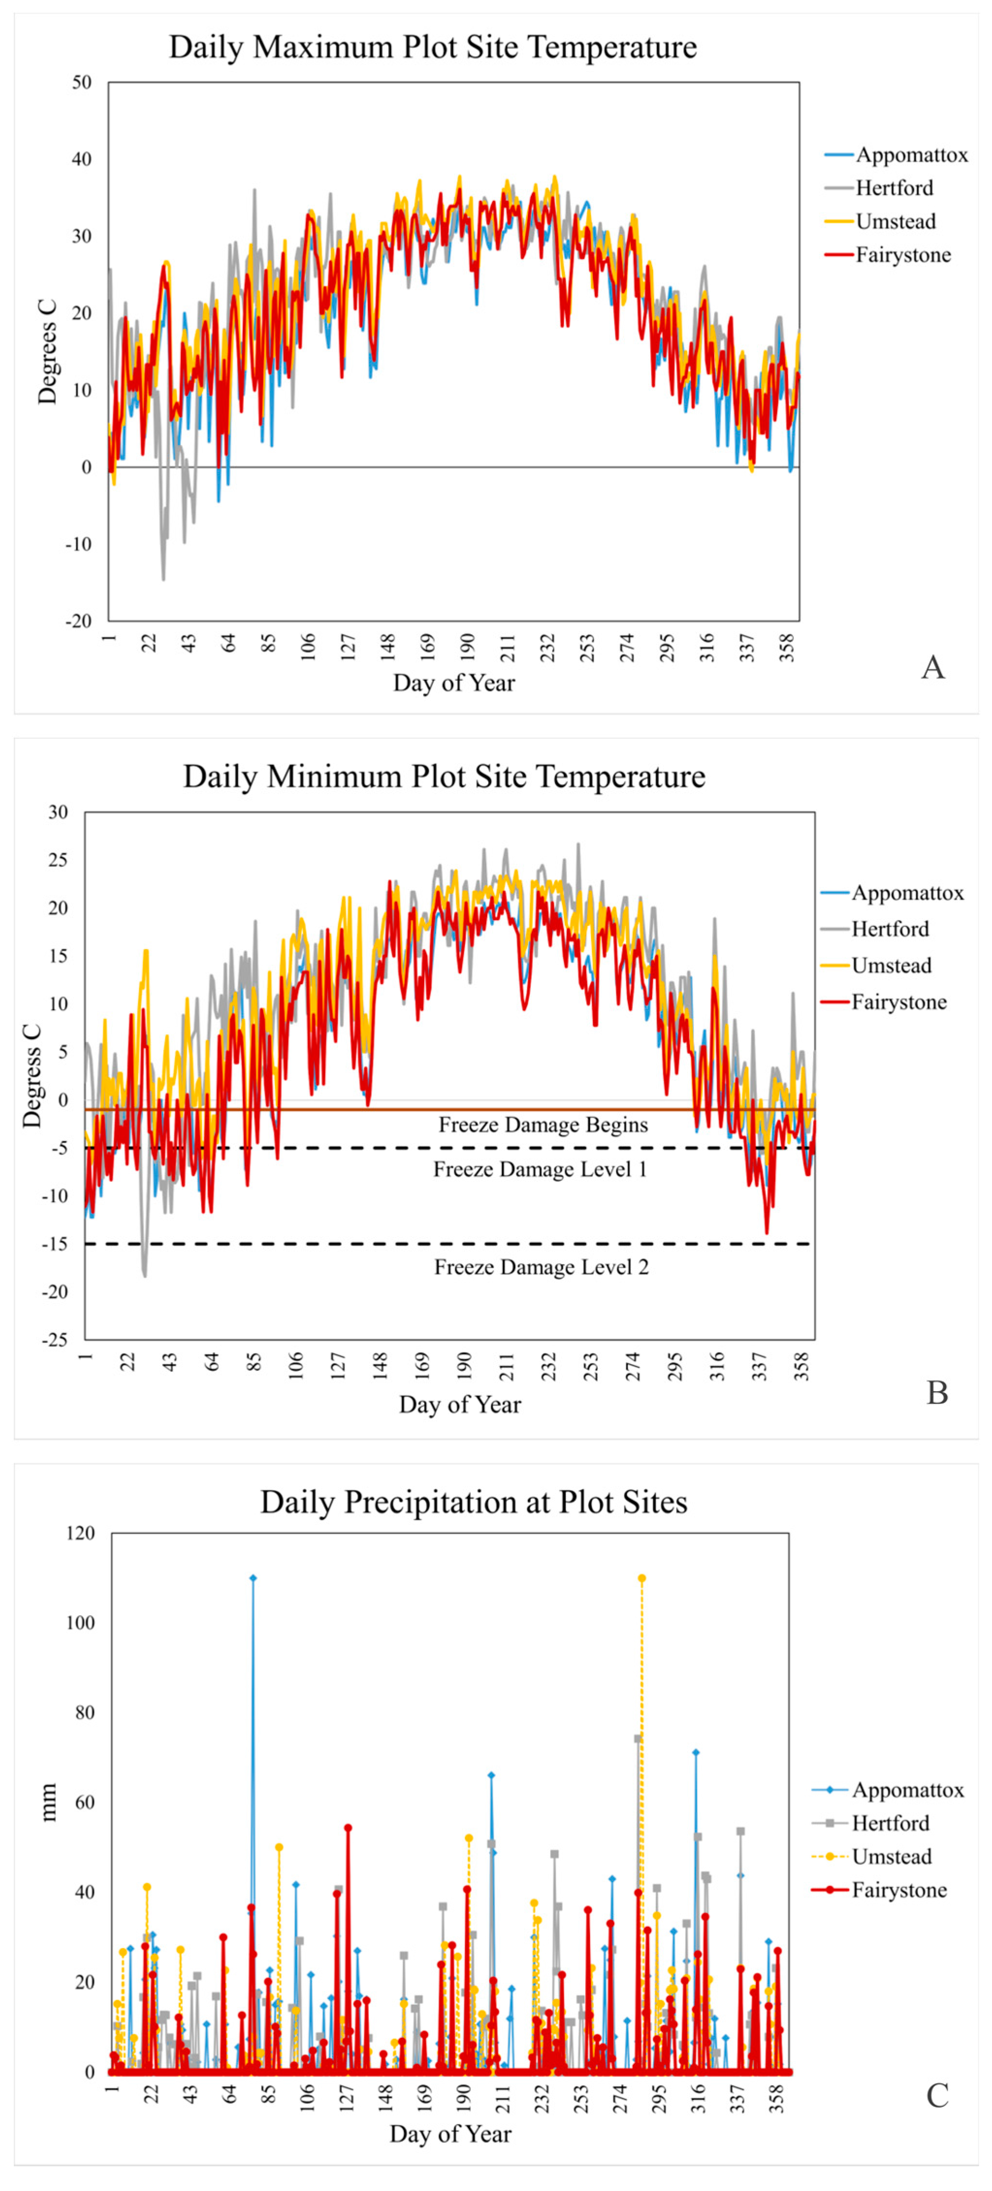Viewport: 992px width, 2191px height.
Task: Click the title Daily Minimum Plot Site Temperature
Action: pos(444,777)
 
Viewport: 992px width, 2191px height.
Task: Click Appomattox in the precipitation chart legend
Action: pos(907,1791)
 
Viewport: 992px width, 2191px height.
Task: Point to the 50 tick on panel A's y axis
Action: pos(81,82)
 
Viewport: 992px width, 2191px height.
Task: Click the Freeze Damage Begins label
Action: pos(543,1125)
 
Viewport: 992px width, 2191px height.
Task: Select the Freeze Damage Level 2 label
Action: pos(541,1267)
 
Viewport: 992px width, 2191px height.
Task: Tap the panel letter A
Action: pos(932,667)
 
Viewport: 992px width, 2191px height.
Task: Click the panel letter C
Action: pos(937,2095)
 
